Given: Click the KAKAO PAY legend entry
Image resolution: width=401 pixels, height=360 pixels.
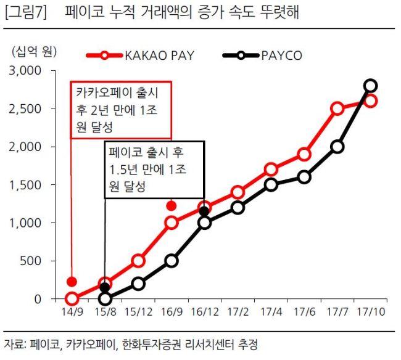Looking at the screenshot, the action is pos(141,55).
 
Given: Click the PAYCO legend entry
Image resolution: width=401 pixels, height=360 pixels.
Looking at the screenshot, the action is pos(262,55).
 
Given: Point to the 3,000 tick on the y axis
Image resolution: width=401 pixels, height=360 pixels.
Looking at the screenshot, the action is pos(25,70).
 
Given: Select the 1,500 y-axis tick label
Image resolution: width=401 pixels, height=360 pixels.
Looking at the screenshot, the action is pos(25,185).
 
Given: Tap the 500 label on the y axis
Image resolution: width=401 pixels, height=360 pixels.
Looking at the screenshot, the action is pos(30,261).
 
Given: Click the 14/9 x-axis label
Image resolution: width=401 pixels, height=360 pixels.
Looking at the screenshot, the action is pos(72,312).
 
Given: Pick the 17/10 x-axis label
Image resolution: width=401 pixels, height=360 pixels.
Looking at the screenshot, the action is pos(371,312).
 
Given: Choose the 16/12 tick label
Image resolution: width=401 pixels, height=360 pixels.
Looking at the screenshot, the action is pos(205,312).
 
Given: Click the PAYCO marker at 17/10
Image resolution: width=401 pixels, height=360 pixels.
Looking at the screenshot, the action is pos(371,86).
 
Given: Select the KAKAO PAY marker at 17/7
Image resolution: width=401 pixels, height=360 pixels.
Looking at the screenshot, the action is pos(337,108).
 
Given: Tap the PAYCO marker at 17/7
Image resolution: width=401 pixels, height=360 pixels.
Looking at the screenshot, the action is pos(337,147).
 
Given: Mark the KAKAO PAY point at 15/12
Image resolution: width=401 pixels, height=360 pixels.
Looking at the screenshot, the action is pos(138,261).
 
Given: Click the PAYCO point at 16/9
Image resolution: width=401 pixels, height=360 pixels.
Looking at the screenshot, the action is pos(172,261).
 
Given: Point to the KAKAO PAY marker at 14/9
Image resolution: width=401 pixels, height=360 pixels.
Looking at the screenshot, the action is pos(72,299).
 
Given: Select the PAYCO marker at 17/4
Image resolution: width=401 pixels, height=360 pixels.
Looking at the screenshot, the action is pos(271,185).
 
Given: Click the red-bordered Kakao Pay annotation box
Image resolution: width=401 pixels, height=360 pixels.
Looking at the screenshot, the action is pos(121,82).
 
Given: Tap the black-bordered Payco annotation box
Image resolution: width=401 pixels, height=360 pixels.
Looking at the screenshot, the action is pos(154,141).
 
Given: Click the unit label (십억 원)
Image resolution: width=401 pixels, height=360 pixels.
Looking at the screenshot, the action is pos(35,52).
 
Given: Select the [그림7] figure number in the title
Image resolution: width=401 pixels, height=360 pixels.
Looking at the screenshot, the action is pos(26,12).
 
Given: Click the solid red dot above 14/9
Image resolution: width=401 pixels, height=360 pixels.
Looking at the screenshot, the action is pos(72,282).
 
